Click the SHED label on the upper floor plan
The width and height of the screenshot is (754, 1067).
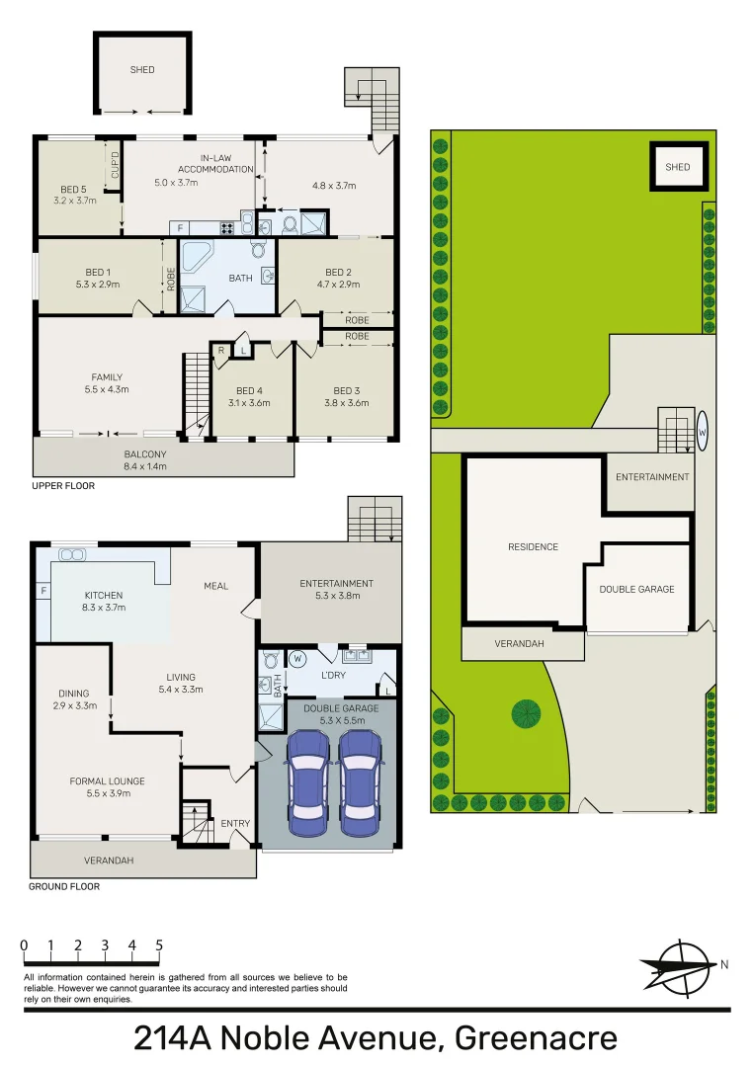142,70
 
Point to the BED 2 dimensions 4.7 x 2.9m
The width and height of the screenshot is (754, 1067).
338,285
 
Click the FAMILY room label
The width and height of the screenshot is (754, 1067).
107,377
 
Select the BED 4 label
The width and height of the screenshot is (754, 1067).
251,390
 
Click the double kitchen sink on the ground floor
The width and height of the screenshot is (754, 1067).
71,555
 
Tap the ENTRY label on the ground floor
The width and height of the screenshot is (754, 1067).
235,824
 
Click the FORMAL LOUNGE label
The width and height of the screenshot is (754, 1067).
102,781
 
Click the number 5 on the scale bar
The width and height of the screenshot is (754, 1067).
159,945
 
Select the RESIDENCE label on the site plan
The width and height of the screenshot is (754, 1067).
533,546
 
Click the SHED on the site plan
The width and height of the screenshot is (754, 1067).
677,167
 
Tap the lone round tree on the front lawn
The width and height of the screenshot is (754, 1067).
526,712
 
